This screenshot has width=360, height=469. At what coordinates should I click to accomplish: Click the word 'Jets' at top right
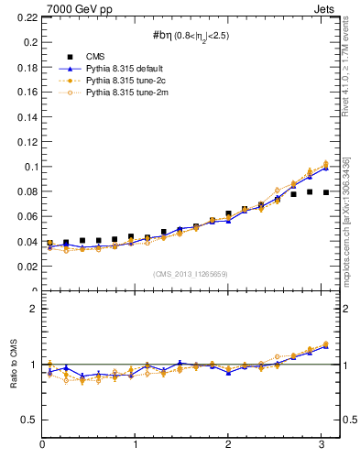click(x=326, y=8)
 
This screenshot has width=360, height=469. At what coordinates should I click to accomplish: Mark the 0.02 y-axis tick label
click(x=27, y=267)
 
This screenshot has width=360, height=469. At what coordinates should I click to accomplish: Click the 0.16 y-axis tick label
click(x=27, y=93)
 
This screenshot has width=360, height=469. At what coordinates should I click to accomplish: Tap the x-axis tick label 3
click(x=321, y=445)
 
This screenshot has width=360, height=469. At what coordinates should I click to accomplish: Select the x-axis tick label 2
click(x=228, y=445)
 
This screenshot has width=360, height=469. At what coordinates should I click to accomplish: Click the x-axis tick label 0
click(x=42, y=445)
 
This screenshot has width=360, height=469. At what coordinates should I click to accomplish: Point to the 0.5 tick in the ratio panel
click(x=30, y=420)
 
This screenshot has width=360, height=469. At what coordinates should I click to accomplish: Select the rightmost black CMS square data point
click(x=326, y=192)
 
